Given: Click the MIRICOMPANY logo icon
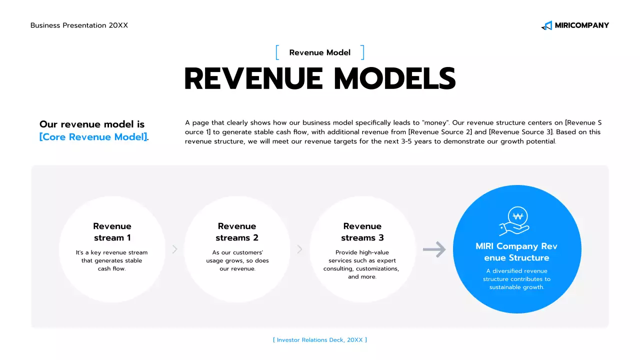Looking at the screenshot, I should tap(547, 25).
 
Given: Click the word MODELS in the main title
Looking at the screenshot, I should tap(394, 79).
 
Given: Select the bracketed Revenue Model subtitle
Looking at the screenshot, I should tap(320, 52).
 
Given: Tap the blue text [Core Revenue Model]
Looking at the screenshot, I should tap(93, 137).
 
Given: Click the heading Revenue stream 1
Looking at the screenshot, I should tap(112, 232).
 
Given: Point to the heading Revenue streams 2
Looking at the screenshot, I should tap(237, 232).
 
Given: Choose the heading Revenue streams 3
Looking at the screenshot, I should tap(362, 232).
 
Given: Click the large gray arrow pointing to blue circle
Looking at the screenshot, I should tap(434, 249).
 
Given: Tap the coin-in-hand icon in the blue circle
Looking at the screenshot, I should tap(515, 221).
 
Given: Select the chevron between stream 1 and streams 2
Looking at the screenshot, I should tap(174, 249).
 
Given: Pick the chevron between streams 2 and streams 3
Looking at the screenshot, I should tap(299, 249).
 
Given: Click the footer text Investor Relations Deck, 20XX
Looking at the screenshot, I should tap(320, 340).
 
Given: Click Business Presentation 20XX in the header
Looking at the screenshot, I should tap(79, 25).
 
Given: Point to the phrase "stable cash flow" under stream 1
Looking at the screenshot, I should tap(112, 264).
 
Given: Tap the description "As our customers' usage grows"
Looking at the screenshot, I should tap(237, 256).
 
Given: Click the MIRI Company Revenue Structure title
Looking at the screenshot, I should tap(516, 252).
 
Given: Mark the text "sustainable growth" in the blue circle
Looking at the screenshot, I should tap(516, 287).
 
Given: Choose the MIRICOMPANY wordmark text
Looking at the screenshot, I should tap(582, 25).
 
